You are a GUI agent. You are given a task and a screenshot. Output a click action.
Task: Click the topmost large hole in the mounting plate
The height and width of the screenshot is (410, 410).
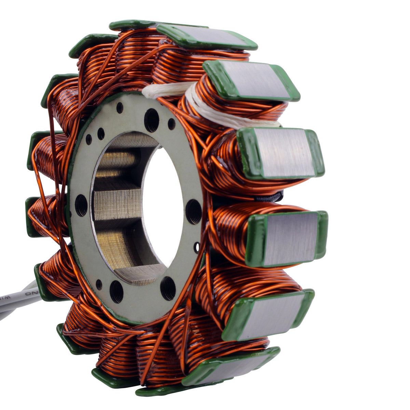151,120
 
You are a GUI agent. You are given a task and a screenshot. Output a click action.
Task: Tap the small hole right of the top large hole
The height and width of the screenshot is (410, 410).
171,124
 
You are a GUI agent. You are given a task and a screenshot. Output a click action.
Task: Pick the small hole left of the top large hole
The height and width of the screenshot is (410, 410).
120,107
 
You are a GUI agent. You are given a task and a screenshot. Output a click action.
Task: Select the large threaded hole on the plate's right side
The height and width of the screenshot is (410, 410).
193,211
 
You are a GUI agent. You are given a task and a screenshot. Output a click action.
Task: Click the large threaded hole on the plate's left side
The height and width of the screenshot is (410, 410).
81,205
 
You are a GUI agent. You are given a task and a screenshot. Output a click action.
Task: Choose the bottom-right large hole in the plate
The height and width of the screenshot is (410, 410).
168,288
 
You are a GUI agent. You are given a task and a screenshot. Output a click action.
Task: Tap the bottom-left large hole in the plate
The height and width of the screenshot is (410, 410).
116,291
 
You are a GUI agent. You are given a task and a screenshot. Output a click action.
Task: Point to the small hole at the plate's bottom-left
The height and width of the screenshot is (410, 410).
99,284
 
